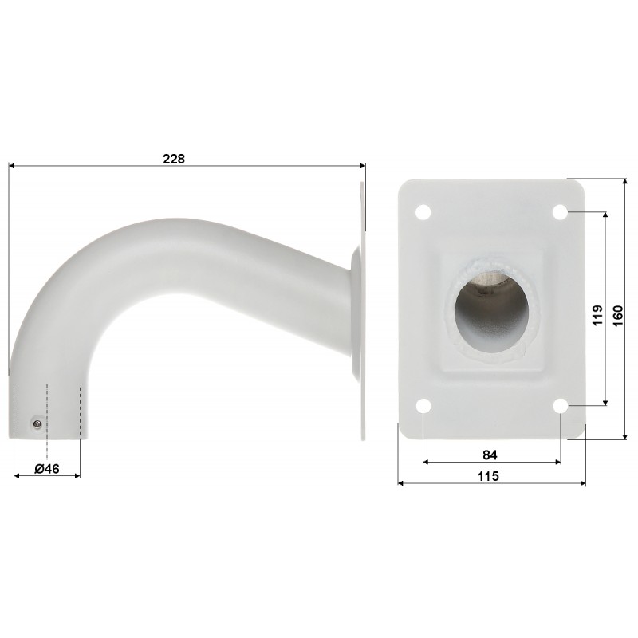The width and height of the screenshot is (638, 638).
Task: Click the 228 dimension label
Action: click(x=174, y=158)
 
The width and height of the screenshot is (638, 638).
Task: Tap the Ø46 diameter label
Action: click(x=47, y=469)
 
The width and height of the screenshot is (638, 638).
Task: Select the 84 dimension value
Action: click(x=490, y=455)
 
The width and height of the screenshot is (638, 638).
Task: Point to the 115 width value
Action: click(x=488, y=475)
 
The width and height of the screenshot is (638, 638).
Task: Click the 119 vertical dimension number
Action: click(x=597, y=314)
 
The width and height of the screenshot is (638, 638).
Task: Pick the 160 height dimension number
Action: click(x=617, y=315)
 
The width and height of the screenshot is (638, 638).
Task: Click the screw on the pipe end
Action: click(x=37, y=424)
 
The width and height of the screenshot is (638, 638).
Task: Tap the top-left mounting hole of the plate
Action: click(x=423, y=212)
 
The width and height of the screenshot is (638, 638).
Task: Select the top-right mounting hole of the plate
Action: click(x=561, y=212)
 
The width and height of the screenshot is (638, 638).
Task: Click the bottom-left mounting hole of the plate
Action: click(x=423, y=406)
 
